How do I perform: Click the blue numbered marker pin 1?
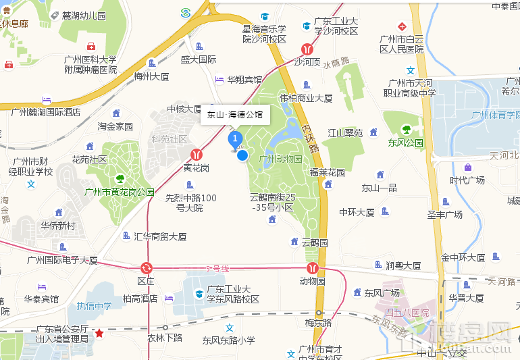click(235, 140)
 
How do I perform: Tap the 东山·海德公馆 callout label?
click(236, 115)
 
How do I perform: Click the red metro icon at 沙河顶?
click(307, 49)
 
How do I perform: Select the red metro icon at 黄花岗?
click(197, 155)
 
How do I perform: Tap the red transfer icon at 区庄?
click(146, 268)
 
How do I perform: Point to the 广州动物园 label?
click(280, 158)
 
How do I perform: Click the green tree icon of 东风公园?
click(406, 129)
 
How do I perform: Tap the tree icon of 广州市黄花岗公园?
click(120, 179)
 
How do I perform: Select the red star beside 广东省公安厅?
click(99, 333)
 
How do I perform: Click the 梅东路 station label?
click(318, 322)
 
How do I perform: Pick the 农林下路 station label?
click(165, 337)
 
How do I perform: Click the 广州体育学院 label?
click(496, 115)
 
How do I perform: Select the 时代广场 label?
click(467, 180)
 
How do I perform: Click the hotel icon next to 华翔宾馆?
click(219, 80)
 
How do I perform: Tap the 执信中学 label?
click(94, 306)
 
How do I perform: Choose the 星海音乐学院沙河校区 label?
click(265, 34)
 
